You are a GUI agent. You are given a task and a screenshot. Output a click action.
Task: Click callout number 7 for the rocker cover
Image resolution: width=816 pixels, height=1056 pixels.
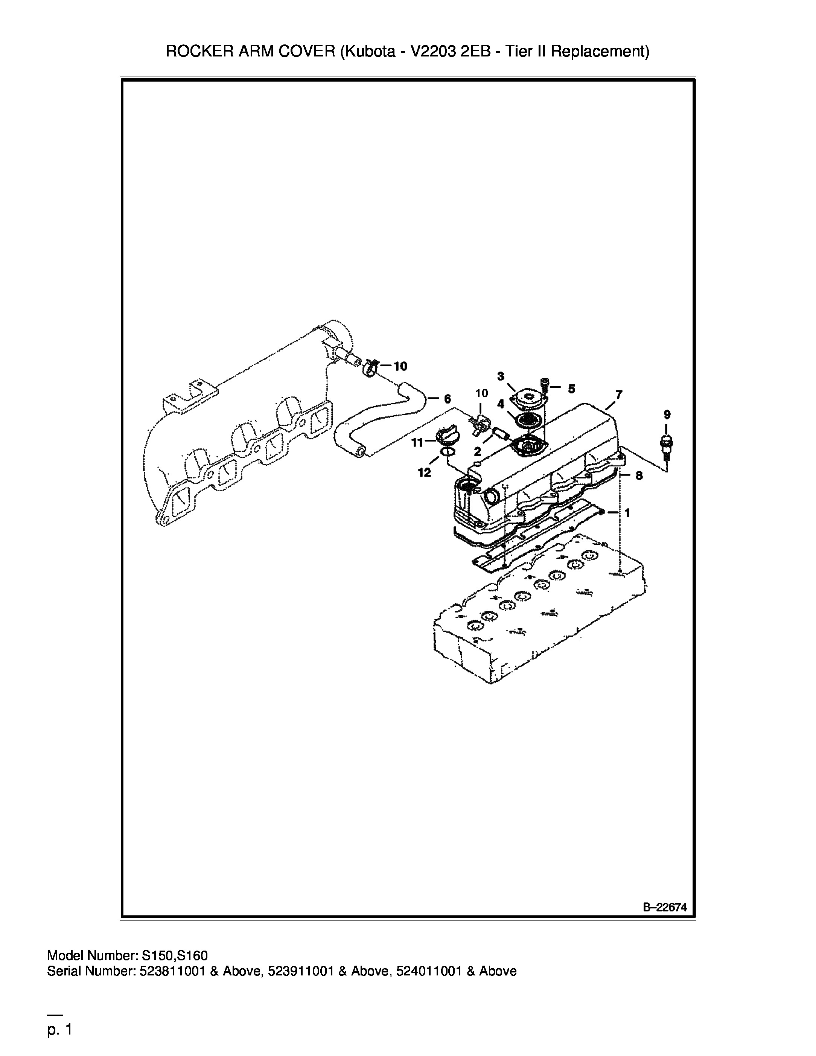pos(619,395)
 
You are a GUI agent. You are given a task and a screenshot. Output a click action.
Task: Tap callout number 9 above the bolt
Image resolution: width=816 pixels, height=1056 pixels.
pos(667,414)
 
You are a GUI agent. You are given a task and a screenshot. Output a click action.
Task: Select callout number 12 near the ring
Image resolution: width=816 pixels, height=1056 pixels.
pos(424,473)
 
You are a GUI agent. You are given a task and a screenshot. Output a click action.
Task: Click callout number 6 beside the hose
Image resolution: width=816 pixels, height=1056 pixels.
pos(447,399)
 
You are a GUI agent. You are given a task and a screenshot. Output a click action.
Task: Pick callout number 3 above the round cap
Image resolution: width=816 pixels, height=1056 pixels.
pos(501,376)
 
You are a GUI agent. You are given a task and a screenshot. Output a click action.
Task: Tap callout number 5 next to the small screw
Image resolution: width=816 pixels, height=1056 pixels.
pos(571,389)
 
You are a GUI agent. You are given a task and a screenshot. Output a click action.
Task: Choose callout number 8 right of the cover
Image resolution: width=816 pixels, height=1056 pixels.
pos(639,476)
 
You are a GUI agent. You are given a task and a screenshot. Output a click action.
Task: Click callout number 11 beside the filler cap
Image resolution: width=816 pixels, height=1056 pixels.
pos(417,442)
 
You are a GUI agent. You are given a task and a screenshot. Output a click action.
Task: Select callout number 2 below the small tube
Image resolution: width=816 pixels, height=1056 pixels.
pos(477,452)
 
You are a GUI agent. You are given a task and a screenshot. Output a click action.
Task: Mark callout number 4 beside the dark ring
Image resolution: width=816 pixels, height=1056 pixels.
pos(501,404)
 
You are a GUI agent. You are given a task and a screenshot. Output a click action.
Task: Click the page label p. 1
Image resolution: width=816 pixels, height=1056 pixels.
pos(59,1030)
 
